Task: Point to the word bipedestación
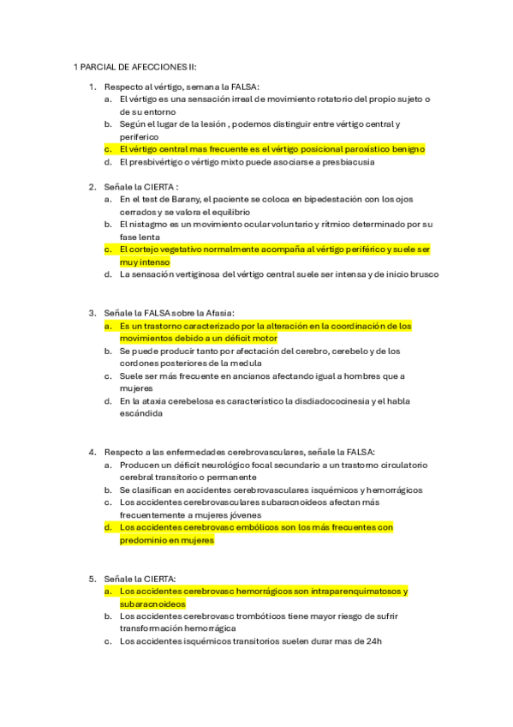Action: [329, 199]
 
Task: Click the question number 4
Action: [92, 452]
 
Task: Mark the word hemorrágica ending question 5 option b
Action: [206, 628]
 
